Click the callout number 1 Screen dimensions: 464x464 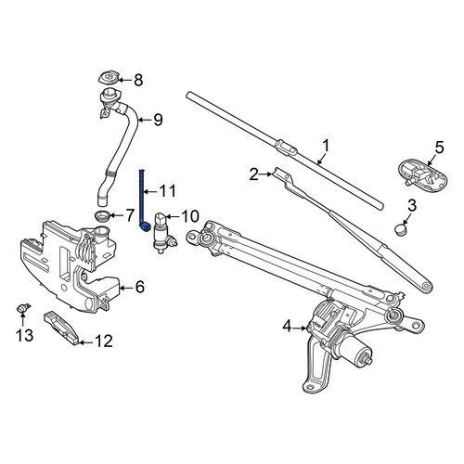point(326,146)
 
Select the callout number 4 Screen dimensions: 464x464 point(288,327)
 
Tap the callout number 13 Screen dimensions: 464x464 point(25,335)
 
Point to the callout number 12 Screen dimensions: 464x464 point(103,342)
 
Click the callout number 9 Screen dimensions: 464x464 point(158,120)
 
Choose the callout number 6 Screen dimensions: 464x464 point(140,287)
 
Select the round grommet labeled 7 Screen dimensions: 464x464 point(101,215)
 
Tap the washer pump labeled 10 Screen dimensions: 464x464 point(163,233)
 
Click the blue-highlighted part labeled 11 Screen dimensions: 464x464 point(143,201)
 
